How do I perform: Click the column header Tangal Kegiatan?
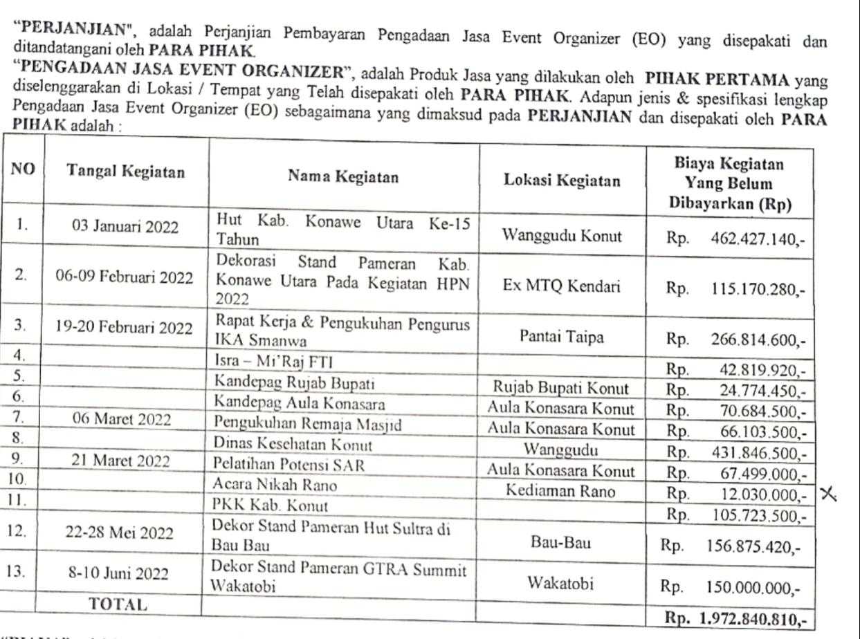tap(125, 173)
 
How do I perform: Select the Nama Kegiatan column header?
tap(343, 177)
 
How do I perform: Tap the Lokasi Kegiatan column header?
tap(561, 181)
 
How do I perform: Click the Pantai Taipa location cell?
tap(560, 337)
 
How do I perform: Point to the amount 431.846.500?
tap(759, 454)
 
